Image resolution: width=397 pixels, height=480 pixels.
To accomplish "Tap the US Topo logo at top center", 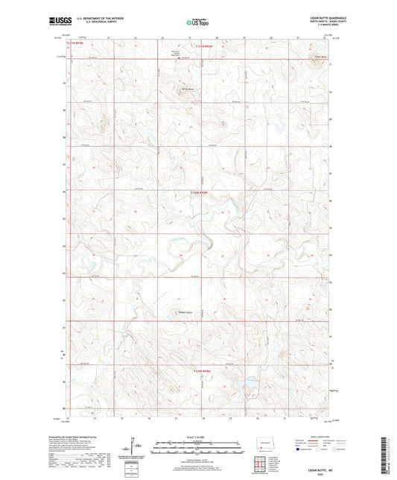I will tap(197, 23).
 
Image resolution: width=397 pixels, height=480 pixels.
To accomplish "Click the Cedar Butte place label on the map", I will tap(320, 56).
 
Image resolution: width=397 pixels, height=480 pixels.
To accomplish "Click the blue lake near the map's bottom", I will tap(244, 385).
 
